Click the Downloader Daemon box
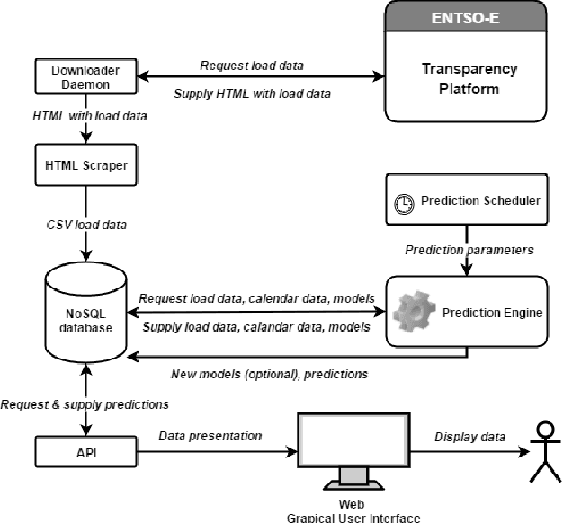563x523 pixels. (85, 76)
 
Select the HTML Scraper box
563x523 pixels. (85, 165)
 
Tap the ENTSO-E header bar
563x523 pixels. (466, 17)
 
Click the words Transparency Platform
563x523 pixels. (469, 78)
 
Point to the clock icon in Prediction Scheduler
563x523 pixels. (404, 204)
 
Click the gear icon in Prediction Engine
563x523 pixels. (415, 311)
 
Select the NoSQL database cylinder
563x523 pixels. (85, 313)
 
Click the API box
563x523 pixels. (85, 452)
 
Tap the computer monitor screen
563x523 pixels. (353, 439)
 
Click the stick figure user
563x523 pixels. (545, 451)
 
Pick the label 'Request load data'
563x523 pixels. (252, 66)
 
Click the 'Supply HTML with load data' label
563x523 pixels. (252, 93)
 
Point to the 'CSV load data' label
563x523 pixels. (86, 225)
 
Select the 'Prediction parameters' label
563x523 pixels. (469, 250)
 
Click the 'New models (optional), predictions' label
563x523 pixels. (269, 374)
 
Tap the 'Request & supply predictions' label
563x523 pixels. (85, 404)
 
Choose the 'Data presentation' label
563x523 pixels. (210, 436)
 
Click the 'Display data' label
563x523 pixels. (470, 437)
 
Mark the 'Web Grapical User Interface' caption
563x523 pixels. (353, 510)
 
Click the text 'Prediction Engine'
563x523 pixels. (492, 313)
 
